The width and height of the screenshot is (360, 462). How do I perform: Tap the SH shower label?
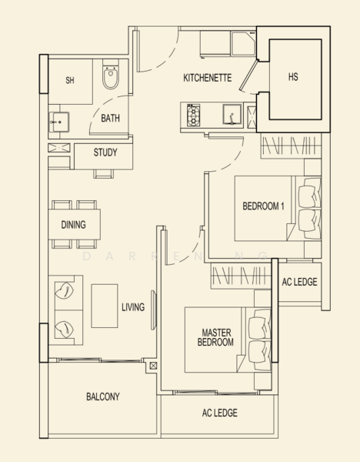coord(70,80)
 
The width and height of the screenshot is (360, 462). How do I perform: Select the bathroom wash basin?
coord(59,122)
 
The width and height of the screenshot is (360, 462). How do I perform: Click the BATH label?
coord(110,118)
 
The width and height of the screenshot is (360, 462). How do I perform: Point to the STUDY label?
coord(105,152)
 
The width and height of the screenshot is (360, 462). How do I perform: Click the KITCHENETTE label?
coord(208,78)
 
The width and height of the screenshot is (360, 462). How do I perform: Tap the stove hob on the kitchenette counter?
coord(193,115)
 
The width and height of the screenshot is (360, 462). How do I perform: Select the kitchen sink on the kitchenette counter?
coord(232,115)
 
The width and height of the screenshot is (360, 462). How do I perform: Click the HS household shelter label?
coord(293,77)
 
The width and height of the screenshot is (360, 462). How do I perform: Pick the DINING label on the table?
coord(74,225)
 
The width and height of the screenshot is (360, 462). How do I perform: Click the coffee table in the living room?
coord(105,306)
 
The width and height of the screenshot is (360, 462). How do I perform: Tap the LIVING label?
coord(133,307)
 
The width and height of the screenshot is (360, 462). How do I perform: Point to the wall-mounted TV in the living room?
coord(153,310)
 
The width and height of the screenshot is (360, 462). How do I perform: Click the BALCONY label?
coord(103,397)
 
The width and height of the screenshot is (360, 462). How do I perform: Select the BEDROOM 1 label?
coord(263,206)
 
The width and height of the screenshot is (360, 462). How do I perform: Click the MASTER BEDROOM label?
coord(215,337)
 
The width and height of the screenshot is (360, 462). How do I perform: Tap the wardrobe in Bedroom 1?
coord(291,146)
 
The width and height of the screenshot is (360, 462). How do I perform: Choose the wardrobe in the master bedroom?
coord(241,276)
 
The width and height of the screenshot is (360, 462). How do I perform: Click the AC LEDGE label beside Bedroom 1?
coord(300,282)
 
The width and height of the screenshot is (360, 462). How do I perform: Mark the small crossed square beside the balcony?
coord(153,366)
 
